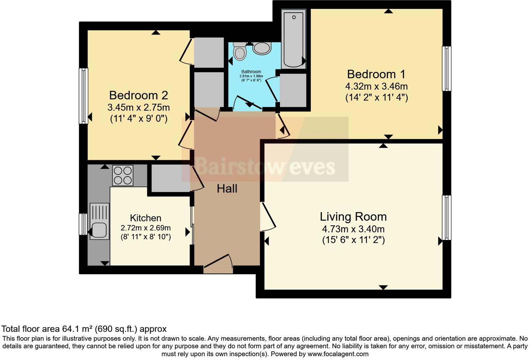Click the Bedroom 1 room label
pos(376,74)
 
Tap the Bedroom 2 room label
pos(138,95)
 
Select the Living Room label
pos(353,217)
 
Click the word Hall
pos(227,189)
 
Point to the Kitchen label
pos(145,218)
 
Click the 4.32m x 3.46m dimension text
pos(376,86)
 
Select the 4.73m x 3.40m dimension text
pos(353,229)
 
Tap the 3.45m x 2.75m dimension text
pos(138,107)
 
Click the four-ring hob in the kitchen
pos(123,175)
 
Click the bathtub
pos(294,39)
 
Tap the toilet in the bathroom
pos(240,51)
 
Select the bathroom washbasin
pos(262,48)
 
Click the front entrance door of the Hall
pos(218,264)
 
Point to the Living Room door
pos(268,217)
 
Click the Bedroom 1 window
pos(446,69)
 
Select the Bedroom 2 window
pos(83,96)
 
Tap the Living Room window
pos(446,217)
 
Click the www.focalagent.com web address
pos(338,354)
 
